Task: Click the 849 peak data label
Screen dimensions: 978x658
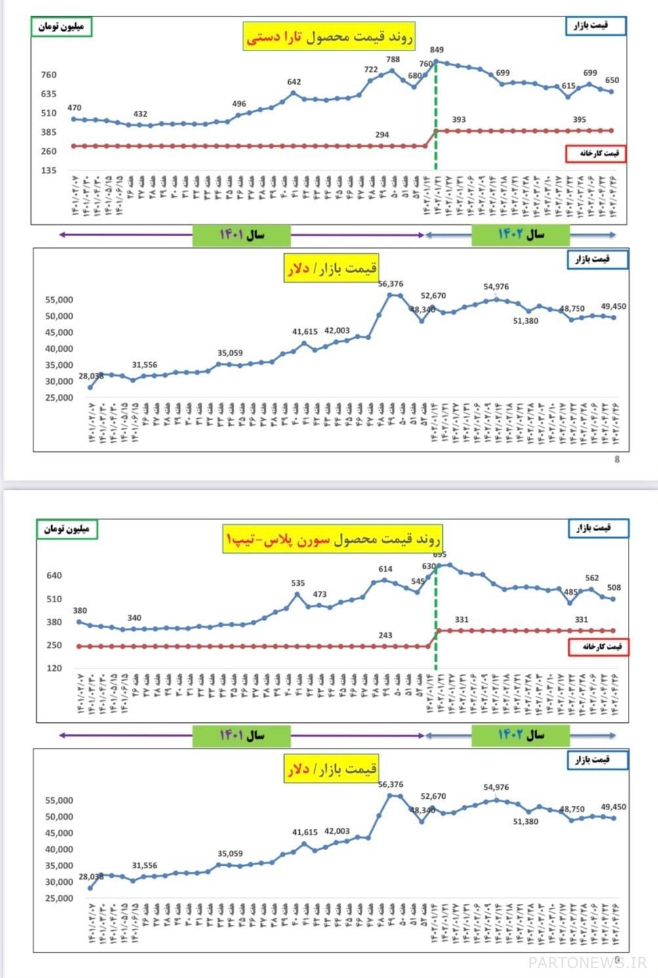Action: click(437, 50)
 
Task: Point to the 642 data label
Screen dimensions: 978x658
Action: click(294, 82)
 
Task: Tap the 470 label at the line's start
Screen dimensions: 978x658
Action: click(74, 108)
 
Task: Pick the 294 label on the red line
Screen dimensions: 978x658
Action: click(382, 134)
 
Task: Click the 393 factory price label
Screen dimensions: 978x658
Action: click(459, 120)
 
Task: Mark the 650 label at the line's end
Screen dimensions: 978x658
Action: click(611, 80)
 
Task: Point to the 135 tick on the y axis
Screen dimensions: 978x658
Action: click(49, 171)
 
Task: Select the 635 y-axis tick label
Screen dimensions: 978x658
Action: click(49, 94)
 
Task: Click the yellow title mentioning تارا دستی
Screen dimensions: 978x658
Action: click(330, 38)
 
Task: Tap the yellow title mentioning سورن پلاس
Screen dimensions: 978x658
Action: click(333, 539)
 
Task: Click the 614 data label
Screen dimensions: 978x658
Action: click(386, 569)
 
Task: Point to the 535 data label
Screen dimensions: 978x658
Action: click(298, 583)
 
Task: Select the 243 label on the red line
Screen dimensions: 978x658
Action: click(386, 635)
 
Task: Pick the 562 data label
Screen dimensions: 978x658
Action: click(592, 578)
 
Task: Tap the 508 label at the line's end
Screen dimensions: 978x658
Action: click(614, 588)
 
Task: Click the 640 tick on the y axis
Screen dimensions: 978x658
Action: click(54, 576)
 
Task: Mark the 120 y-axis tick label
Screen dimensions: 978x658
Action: click(54, 668)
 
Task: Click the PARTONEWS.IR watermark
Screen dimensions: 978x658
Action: click(588, 962)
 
